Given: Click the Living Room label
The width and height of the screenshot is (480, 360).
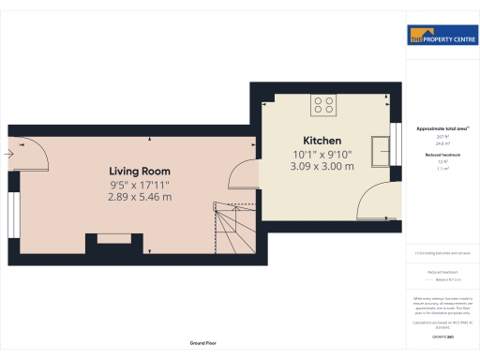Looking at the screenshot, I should (140, 171).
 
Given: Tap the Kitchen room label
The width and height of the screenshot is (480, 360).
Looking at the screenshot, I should (322, 140).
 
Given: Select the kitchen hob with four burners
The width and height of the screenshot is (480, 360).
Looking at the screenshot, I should (324, 105).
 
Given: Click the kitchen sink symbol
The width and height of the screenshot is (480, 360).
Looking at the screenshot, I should (382, 150).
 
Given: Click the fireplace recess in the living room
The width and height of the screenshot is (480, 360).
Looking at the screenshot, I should (98, 240).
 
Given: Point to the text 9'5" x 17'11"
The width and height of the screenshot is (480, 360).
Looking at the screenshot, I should (140, 185).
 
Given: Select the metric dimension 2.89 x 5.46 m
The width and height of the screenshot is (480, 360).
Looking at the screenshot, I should (140, 197).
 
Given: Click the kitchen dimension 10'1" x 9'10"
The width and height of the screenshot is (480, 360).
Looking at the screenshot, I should (322, 154).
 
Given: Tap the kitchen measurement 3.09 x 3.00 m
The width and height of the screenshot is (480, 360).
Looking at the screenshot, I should (322, 166).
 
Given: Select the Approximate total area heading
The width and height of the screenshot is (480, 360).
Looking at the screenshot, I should (442, 127).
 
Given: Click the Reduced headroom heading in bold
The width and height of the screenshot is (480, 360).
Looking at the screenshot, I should (442, 155).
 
